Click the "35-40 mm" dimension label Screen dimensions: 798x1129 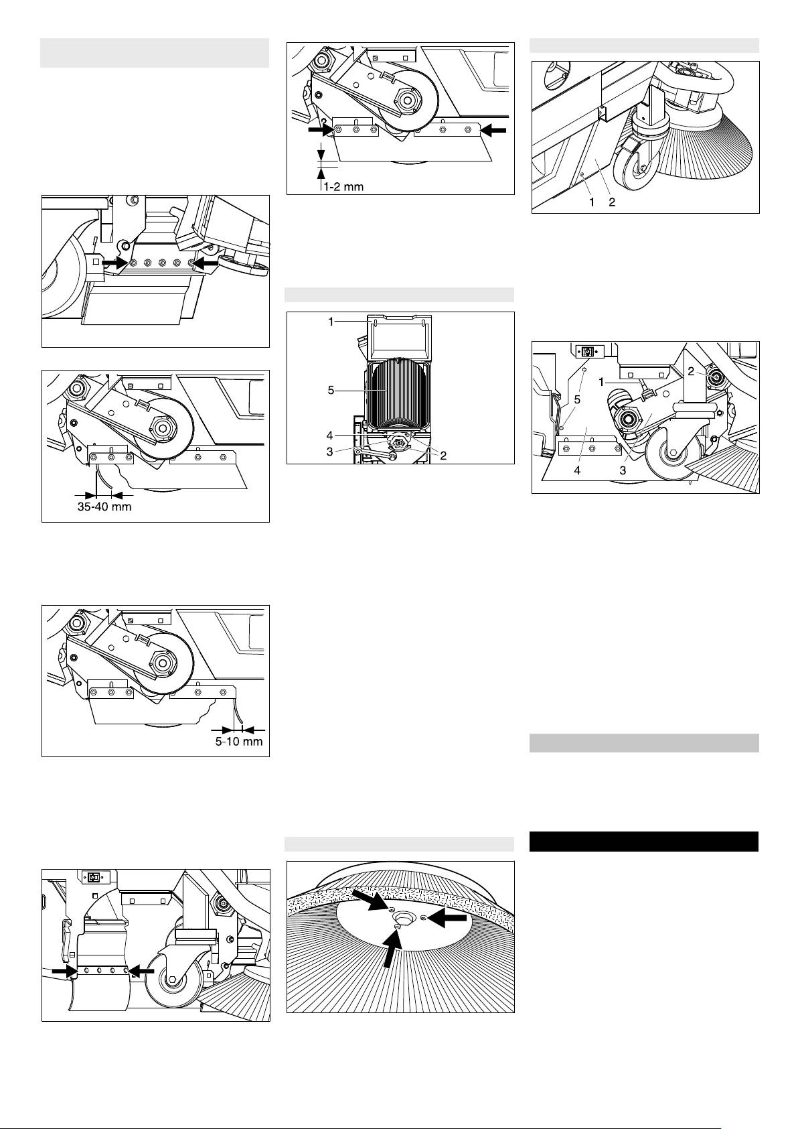(x=104, y=507)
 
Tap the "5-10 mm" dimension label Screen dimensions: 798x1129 (x=239, y=742)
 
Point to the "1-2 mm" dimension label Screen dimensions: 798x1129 (x=343, y=187)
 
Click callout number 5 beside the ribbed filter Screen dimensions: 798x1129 (x=331, y=391)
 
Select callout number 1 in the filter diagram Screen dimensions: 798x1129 (x=331, y=322)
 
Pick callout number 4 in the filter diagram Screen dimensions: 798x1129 (x=330, y=435)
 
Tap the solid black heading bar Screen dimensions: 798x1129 (x=644, y=841)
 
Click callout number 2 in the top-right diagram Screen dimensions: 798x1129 (x=612, y=202)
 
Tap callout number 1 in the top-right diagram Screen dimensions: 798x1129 (x=592, y=202)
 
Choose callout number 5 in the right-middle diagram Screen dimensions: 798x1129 (x=578, y=400)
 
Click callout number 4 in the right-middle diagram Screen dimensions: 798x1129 (x=578, y=470)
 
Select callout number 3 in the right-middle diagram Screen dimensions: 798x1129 (x=623, y=470)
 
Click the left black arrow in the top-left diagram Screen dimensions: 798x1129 (x=114, y=263)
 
